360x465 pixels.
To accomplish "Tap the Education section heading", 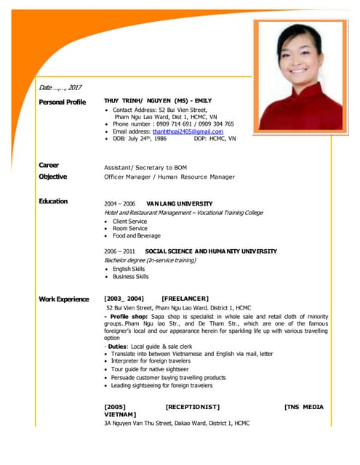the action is click(x=53, y=201).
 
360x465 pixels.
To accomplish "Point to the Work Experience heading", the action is click(x=63, y=299).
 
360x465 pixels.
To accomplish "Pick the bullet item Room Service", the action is click(x=130, y=228).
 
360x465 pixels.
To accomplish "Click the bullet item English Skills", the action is click(x=129, y=269).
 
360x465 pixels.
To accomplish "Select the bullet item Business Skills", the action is click(x=131, y=277).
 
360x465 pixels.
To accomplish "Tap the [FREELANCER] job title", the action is click(x=185, y=299).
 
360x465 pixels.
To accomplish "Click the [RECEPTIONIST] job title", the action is click(x=193, y=407).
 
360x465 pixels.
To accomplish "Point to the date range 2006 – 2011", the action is click(x=120, y=251).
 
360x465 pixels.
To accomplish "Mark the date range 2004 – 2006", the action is click(x=120, y=203).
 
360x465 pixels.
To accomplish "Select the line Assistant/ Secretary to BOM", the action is click(x=145, y=167).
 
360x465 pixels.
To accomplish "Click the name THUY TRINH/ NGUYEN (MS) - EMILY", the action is click(x=158, y=101).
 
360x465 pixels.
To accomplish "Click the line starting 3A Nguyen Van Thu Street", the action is click(x=177, y=423).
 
